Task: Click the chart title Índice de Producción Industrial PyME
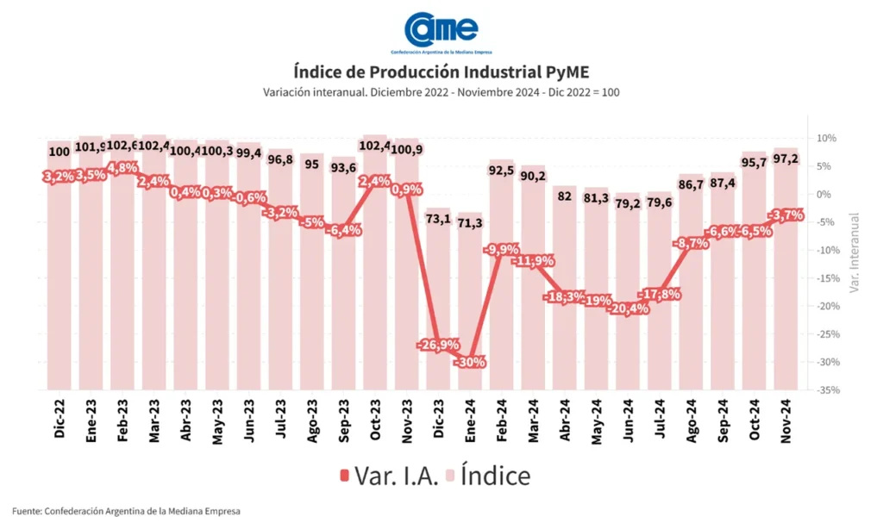point(441,71)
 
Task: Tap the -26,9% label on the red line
point(438,345)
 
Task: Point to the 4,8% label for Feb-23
point(122,168)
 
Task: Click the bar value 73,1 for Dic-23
point(438,219)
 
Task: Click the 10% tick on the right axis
point(825,139)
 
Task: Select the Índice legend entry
point(487,475)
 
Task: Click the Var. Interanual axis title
point(855,253)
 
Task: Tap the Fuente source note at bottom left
point(127,512)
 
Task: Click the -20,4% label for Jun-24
point(628,309)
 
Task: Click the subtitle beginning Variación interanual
point(441,92)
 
